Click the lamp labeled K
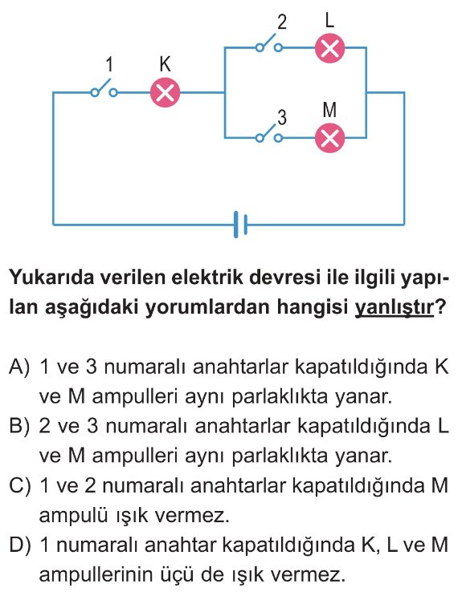pyautogui.click(x=165, y=92)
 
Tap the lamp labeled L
pyautogui.click(x=329, y=48)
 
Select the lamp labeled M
pyautogui.click(x=329, y=138)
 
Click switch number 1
pyautogui.click(x=104, y=88)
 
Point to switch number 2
pyautogui.click(x=269, y=43)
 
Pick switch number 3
pyautogui.click(x=269, y=133)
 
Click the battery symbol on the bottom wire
pyautogui.click(x=240, y=225)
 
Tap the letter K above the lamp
pyautogui.click(x=165, y=64)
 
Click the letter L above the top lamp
pyautogui.click(x=329, y=20)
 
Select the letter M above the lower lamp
pyautogui.click(x=329, y=110)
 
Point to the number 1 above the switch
pyautogui.click(x=109, y=64)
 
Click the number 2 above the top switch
pyautogui.click(x=282, y=22)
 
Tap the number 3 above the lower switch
pyautogui.click(x=282, y=117)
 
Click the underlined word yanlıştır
pyautogui.click(x=394, y=307)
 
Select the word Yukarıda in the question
pyautogui.click(x=49, y=278)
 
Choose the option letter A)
pyautogui.click(x=19, y=367)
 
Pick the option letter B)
pyautogui.click(x=19, y=427)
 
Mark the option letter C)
pyautogui.click(x=19, y=486)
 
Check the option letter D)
pyautogui.click(x=19, y=545)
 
